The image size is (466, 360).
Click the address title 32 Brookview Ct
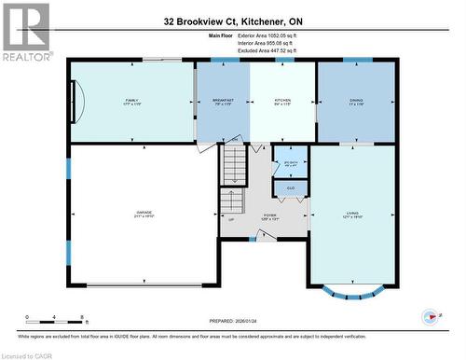click(x=233, y=21)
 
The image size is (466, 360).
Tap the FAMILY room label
click(x=131, y=101)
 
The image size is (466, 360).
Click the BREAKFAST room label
click(x=223, y=101)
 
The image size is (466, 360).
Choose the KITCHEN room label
click(x=283, y=101)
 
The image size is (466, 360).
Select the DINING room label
click(x=356, y=101)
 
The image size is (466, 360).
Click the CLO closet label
click(x=291, y=188)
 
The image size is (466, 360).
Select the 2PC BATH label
click(x=291, y=163)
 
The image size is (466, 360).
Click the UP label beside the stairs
click(x=231, y=221)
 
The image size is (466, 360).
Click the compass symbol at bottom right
click(x=430, y=315)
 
